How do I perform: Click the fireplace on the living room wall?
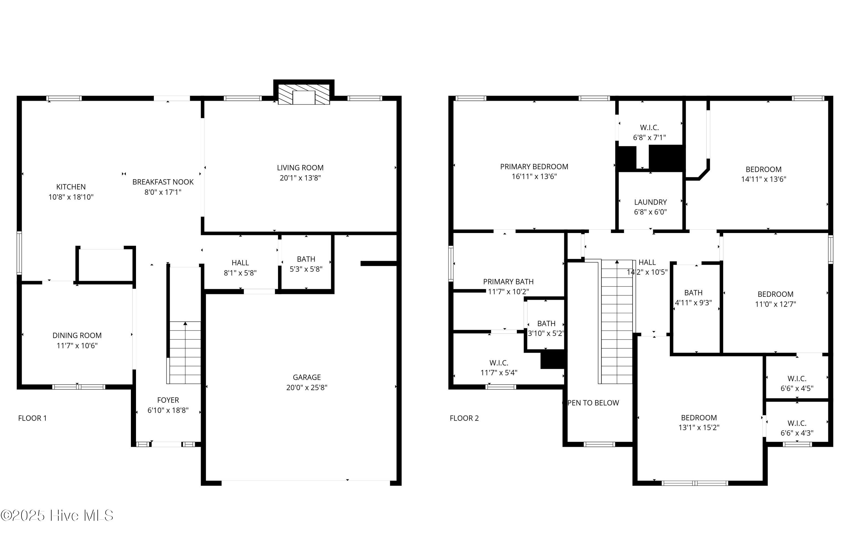click(x=303, y=92)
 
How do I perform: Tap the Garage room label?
click(x=307, y=377)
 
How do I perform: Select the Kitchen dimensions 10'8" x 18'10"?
click(x=71, y=197)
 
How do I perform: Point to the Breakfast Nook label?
click(x=163, y=182)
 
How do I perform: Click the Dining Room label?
click(x=77, y=336)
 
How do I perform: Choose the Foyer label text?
click(x=168, y=400)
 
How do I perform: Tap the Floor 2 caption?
click(x=464, y=418)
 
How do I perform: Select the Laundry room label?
click(x=651, y=202)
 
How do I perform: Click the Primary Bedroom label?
click(x=534, y=167)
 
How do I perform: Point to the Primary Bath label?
click(x=508, y=281)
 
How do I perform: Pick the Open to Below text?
click(x=590, y=403)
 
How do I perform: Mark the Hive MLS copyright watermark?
click(x=57, y=516)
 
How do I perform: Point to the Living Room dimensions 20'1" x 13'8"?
click(x=300, y=178)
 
